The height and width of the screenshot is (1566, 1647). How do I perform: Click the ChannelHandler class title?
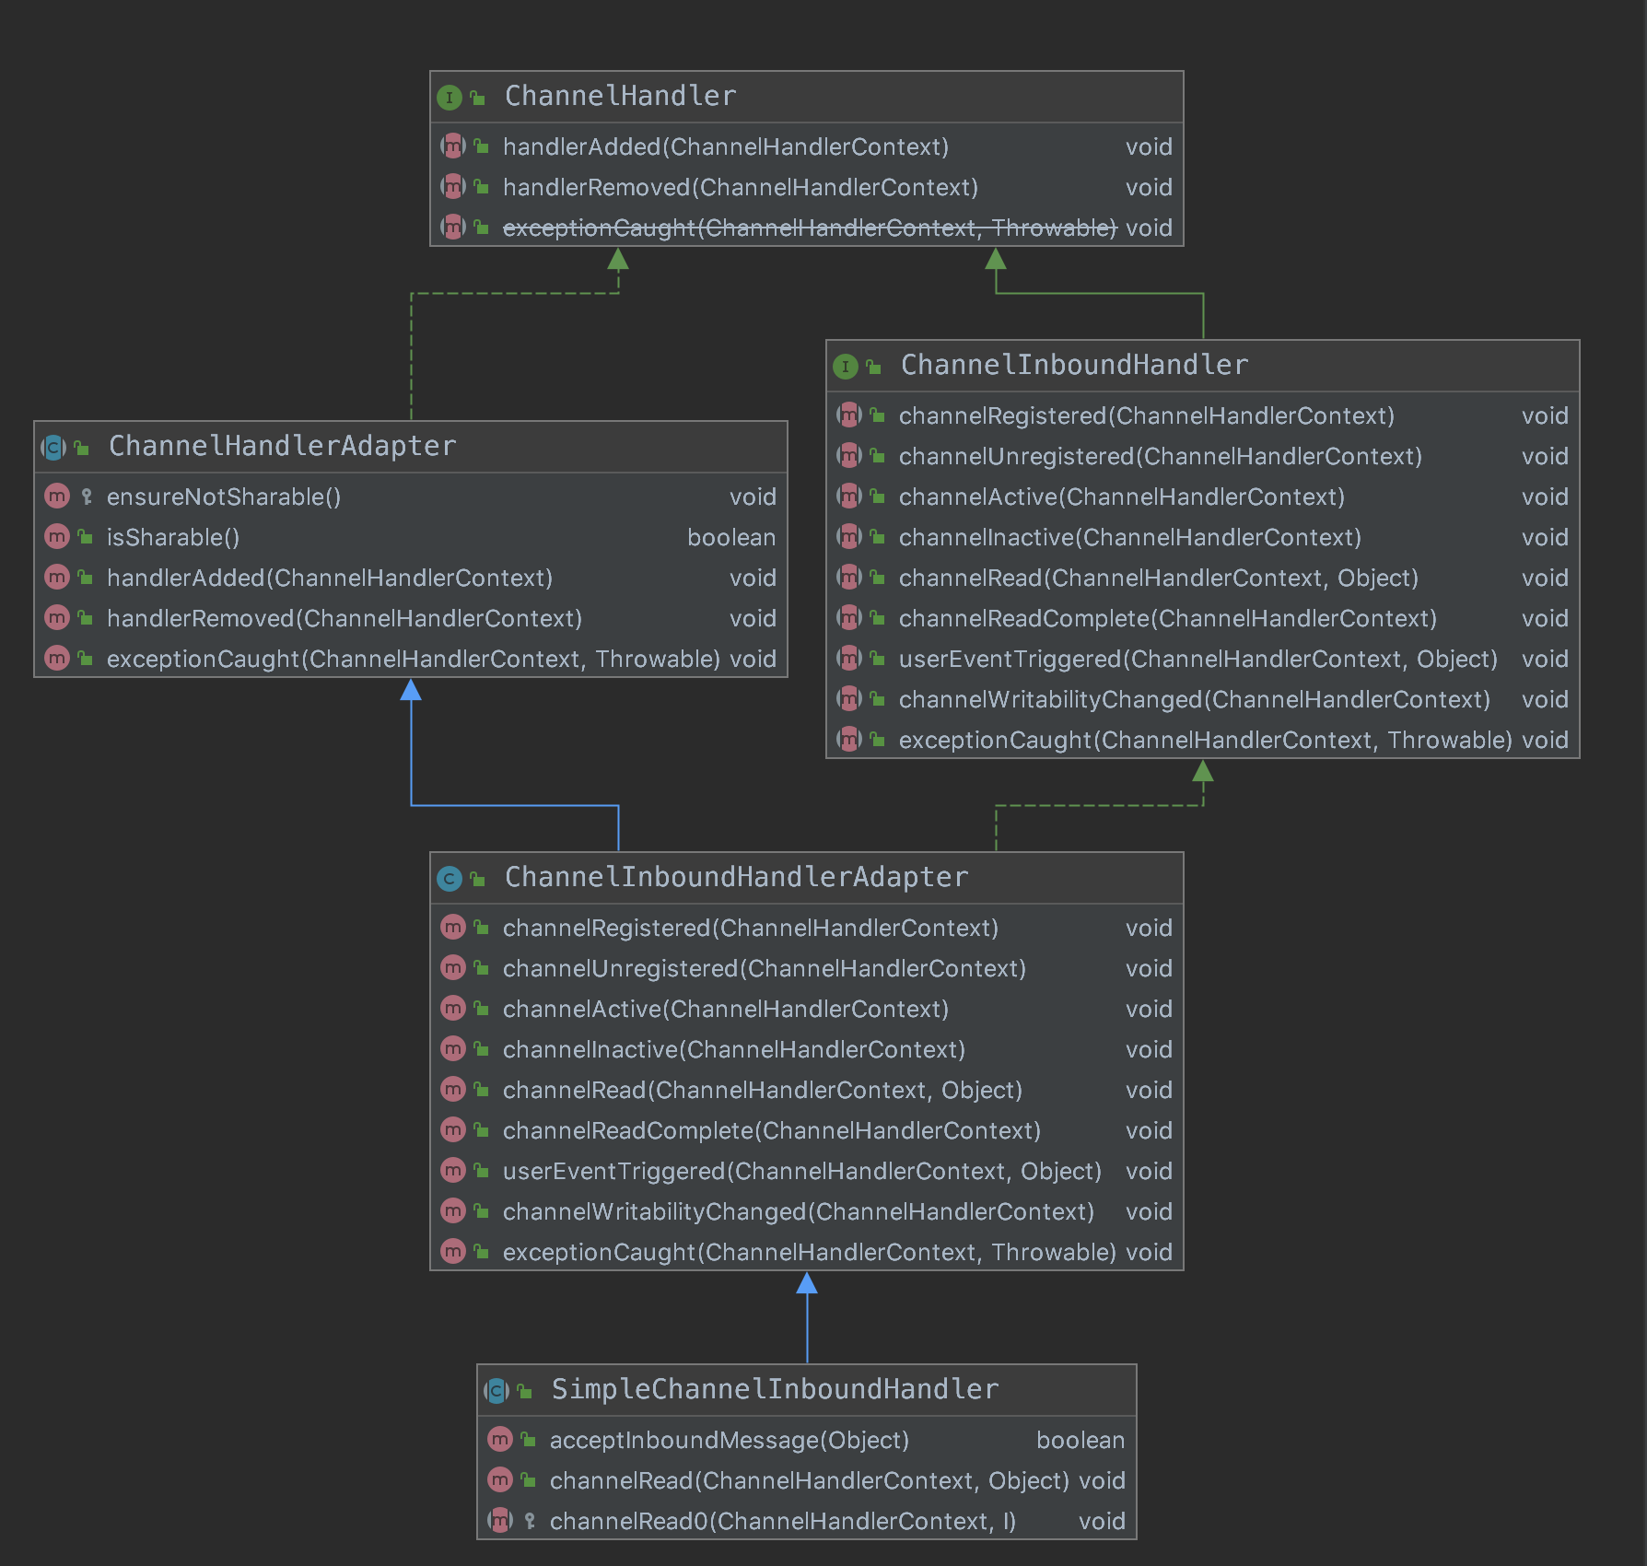click(620, 96)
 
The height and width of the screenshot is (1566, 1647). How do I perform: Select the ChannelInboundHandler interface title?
click(1074, 365)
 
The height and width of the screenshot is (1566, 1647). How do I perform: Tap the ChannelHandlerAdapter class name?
click(282, 446)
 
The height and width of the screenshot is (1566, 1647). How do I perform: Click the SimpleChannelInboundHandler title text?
click(775, 1389)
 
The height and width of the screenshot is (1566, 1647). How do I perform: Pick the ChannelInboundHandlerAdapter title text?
click(736, 877)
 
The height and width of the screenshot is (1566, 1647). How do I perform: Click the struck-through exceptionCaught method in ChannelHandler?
click(809, 228)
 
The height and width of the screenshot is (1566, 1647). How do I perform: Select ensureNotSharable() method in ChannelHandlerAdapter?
click(224, 497)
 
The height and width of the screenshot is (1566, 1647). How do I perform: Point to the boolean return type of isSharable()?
click(731, 538)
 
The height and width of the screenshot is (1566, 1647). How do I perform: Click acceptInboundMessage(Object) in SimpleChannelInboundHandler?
click(729, 1441)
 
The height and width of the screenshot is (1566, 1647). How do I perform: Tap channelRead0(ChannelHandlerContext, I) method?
click(782, 1522)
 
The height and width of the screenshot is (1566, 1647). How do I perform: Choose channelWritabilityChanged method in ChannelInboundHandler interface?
click(1194, 700)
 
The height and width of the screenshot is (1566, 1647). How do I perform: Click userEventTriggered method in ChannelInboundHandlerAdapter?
click(801, 1172)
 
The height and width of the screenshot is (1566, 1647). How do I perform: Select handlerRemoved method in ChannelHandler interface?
click(740, 188)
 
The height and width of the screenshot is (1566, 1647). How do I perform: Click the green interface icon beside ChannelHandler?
click(450, 97)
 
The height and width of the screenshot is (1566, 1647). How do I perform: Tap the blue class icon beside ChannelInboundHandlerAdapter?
click(450, 878)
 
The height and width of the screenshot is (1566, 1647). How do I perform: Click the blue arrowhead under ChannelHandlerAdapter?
click(411, 690)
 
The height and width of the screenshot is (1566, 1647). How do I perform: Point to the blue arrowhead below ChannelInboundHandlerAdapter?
click(807, 1283)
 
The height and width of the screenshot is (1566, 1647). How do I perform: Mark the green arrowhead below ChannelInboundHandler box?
click(1203, 771)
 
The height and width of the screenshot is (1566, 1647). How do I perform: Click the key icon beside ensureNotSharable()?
click(87, 497)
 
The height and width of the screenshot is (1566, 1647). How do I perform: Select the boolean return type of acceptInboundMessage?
click(1080, 1441)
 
